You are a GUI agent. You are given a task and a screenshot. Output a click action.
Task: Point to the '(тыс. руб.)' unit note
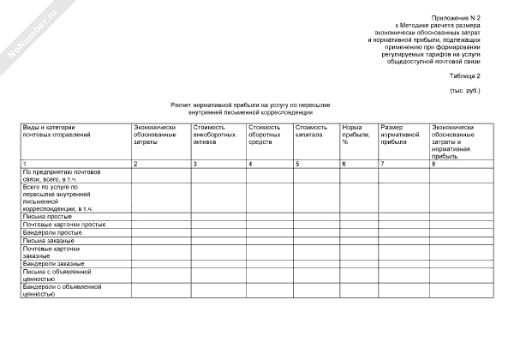tap(465, 91)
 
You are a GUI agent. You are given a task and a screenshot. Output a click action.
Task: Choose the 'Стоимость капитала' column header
tap(310, 131)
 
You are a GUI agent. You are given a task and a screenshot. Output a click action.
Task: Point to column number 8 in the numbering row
tap(434, 164)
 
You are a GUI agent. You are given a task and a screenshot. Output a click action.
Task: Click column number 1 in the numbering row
tap(25, 164)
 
